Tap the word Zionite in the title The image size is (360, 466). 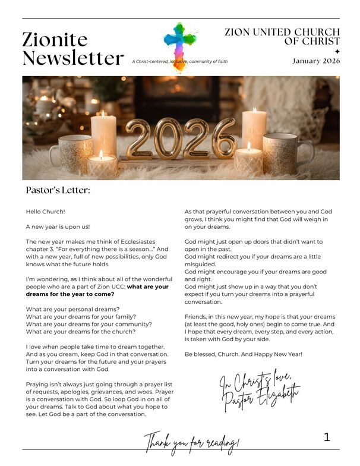55,39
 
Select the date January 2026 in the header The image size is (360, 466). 316,61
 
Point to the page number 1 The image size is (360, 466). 327,437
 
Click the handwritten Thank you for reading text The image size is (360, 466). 191,442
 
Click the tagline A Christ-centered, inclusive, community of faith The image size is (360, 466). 179,61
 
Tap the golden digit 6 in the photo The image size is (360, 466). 223,138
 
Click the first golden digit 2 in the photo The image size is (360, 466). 137,139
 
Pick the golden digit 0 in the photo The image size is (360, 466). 166,138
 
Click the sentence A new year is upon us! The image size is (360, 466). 58,226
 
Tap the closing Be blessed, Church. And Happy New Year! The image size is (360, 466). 244,354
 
